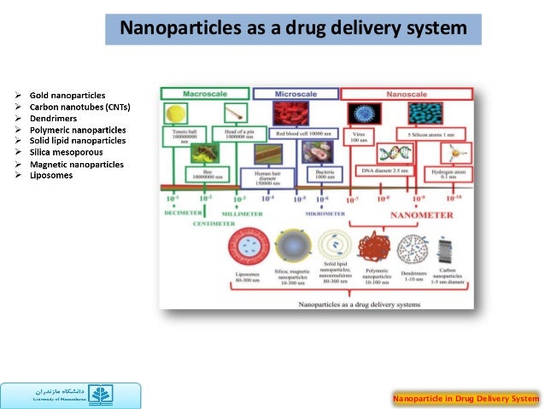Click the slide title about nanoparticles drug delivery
click(x=293, y=29)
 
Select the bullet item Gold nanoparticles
click(x=67, y=94)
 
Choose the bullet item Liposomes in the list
click(x=51, y=176)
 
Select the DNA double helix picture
click(x=375, y=154)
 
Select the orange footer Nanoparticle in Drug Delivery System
click(x=466, y=398)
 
